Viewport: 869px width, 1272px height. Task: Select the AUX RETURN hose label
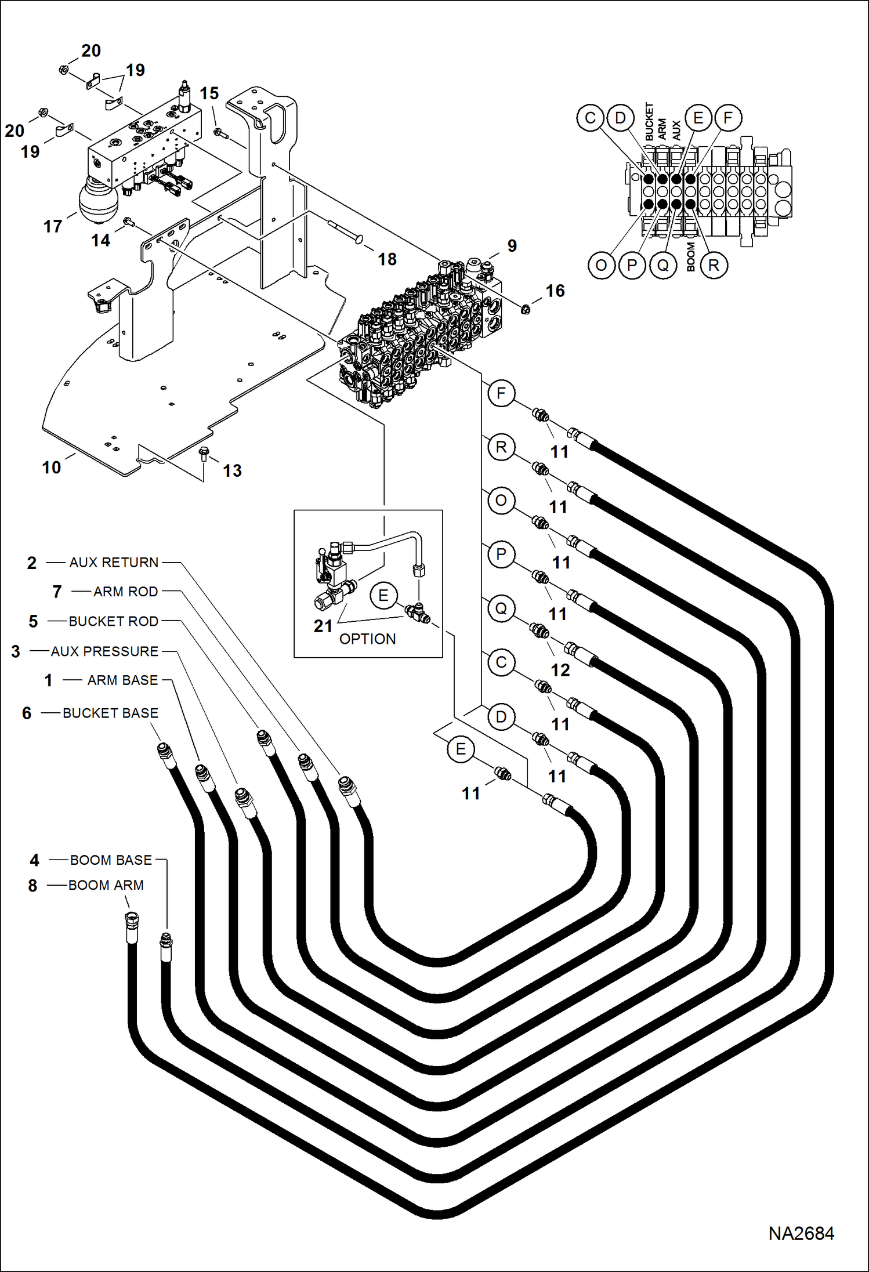(x=114, y=562)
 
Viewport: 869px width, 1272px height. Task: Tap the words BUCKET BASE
(x=110, y=713)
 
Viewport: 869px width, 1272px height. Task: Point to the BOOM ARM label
(x=106, y=885)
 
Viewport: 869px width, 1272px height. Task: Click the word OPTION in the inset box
(x=367, y=639)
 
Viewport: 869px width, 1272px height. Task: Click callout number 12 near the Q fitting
(x=560, y=670)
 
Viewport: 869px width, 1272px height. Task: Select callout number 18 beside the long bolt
(x=387, y=259)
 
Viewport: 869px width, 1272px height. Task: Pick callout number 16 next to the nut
(x=555, y=291)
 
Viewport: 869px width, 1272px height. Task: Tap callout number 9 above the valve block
(x=512, y=246)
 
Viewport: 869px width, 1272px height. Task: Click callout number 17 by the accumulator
(x=53, y=226)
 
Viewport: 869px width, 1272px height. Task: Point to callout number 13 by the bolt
(x=232, y=470)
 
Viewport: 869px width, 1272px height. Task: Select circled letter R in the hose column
(x=501, y=447)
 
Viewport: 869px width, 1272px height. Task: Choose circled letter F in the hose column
(x=501, y=394)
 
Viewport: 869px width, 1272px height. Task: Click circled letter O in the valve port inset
(x=601, y=266)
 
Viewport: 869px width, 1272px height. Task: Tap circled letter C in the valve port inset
(x=590, y=118)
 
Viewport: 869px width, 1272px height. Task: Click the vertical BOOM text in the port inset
(x=690, y=257)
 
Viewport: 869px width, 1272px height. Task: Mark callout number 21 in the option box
(x=323, y=626)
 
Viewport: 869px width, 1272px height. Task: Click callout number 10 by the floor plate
(x=51, y=468)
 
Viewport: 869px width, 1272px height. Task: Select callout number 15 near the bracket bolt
(x=209, y=93)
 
